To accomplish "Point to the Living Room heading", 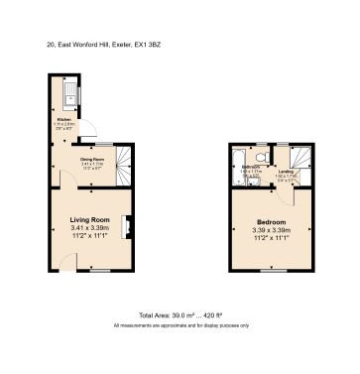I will coord(91,219).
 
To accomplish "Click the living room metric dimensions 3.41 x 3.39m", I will coord(91,229).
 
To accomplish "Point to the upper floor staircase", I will coord(300,164).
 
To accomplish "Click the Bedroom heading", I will coord(271,221).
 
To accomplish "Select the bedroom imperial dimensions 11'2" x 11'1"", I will coord(271,238).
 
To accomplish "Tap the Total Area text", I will coord(180,313).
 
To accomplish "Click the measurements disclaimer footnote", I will coord(180,325).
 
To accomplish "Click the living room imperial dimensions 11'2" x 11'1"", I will coord(91,238).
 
